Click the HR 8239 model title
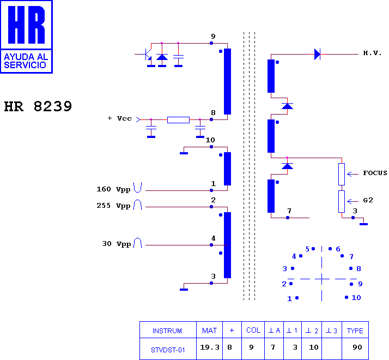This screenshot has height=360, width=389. pyautogui.click(x=38, y=106)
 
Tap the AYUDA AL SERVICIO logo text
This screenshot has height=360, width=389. pyautogui.click(x=26, y=61)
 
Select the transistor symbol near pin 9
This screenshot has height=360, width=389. pyautogui.click(x=147, y=54)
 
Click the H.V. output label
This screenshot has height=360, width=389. pyautogui.click(x=372, y=53)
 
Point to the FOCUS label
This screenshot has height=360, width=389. pyautogui.click(x=375, y=173)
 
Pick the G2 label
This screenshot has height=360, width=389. pyautogui.click(x=368, y=200)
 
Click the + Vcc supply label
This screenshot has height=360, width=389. pyautogui.click(x=119, y=118)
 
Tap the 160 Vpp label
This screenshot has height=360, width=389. pyautogui.click(x=113, y=189)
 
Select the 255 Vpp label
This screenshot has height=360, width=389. pyautogui.click(x=113, y=206)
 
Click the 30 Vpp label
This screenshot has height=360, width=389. pyautogui.click(x=117, y=244)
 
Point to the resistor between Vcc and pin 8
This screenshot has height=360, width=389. pyautogui.click(x=178, y=120)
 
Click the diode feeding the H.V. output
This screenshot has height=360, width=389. pyautogui.click(x=317, y=54)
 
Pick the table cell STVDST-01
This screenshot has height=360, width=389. pyautogui.click(x=168, y=350)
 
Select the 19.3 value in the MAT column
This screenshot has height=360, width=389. pyautogui.click(x=210, y=347)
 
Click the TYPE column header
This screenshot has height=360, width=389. pyautogui.click(x=355, y=331)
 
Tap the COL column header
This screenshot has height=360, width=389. pyautogui.click(x=253, y=330)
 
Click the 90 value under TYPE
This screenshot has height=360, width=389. pyautogui.click(x=357, y=347)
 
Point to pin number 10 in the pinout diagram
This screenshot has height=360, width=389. pyautogui.click(x=356, y=297)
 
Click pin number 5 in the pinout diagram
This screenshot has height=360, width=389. pyautogui.click(x=307, y=249)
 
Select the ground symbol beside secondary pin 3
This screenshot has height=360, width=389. pyautogui.click(x=364, y=224)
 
